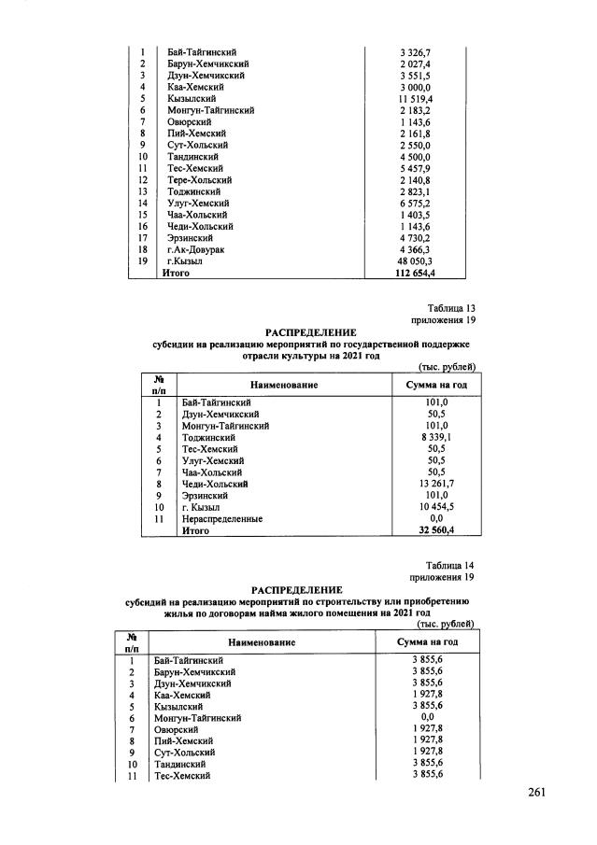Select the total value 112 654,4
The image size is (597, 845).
tap(417, 274)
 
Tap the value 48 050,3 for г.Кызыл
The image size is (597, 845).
tap(417, 262)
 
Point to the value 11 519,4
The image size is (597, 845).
tap(417, 98)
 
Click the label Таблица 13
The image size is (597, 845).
tap(452, 307)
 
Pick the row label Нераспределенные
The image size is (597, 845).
tap(222, 518)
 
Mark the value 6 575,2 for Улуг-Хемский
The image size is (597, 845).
tap(417, 204)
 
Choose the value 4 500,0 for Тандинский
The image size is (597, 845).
tap(417, 157)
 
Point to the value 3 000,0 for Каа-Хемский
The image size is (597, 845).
tap(417, 87)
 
